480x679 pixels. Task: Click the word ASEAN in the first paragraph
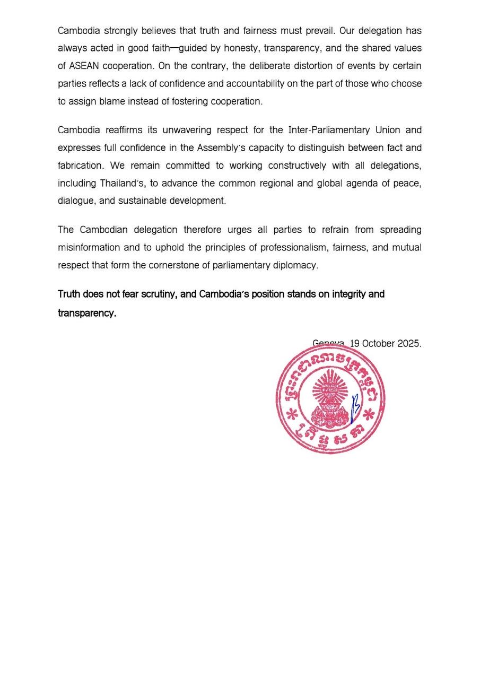(x=84, y=66)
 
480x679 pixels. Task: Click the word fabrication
(x=81, y=166)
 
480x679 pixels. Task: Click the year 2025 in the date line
(x=409, y=343)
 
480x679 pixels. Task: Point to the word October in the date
(x=379, y=343)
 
